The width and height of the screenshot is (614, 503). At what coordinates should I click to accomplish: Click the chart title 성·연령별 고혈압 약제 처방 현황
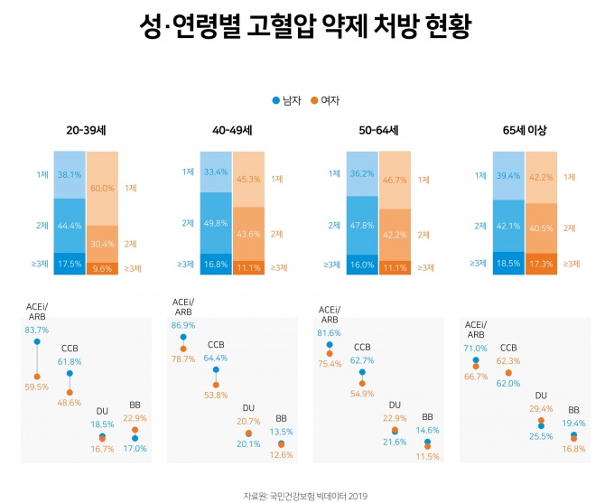click(306, 28)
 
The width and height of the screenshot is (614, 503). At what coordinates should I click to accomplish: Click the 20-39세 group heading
click(86, 130)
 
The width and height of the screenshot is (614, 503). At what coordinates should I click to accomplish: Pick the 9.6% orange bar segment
click(102, 268)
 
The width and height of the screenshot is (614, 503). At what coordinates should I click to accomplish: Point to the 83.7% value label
click(37, 331)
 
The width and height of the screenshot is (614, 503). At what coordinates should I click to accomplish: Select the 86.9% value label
click(182, 323)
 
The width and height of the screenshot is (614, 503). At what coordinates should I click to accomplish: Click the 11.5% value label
click(427, 456)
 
